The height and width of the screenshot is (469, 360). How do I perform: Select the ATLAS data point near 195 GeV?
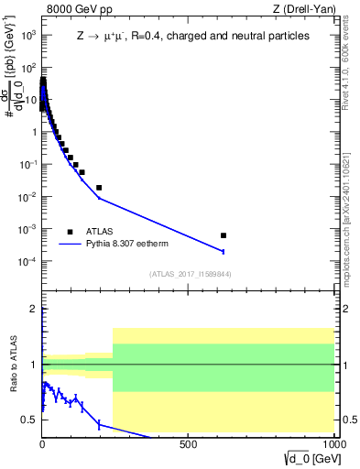point(99,187)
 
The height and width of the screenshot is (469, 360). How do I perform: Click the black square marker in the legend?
point(70,231)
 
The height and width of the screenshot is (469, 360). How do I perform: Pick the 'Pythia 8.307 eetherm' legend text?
point(130,245)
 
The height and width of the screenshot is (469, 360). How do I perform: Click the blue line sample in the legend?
point(70,245)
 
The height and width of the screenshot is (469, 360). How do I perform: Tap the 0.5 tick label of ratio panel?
point(32,420)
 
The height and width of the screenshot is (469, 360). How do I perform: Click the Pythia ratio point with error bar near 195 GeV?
point(99,424)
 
